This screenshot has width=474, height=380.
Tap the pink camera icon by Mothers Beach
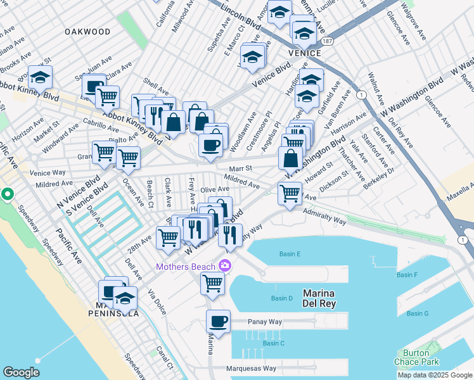[x=224, y=266]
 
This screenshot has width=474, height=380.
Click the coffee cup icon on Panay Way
[x=219, y=321]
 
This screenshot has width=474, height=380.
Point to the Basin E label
[x=290, y=254]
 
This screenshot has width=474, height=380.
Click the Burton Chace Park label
[x=420, y=357]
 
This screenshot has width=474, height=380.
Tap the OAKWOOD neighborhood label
[x=87, y=31]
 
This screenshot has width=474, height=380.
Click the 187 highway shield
[x=327, y=41]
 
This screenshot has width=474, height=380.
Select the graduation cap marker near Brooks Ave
[x=40, y=77]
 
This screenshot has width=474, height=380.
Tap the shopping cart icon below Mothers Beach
[x=212, y=283]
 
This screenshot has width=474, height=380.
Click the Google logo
[x=21, y=372]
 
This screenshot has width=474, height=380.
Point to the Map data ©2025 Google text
[x=434, y=375]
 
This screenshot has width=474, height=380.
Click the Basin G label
[x=418, y=313]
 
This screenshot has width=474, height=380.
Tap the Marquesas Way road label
[x=252, y=368]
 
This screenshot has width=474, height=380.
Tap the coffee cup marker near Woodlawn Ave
[x=210, y=144]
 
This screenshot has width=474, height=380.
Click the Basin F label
[x=407, y=275]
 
